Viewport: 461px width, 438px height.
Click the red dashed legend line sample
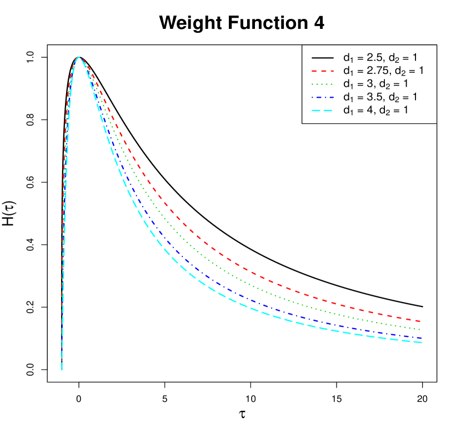(x=322, y=71)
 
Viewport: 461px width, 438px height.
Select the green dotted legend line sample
(x=322, y=84)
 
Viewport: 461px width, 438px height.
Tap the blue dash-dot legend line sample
(x=322, y=97)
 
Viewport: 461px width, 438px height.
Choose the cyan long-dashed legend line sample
(x=322, y=110)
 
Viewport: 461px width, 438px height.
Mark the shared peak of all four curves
(x=79, y=58)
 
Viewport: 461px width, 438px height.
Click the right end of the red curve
(x=420, y=321)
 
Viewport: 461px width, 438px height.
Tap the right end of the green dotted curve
(x=420, y=330)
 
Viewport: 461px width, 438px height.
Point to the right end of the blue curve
(x=421, y=338)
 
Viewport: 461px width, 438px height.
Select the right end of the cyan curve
(x=421, y=343)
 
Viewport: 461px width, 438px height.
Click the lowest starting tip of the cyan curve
(x=62, y=367)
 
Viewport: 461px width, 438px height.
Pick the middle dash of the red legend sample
(x=322, y=71)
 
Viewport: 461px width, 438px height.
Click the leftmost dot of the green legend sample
(x=313, y=84)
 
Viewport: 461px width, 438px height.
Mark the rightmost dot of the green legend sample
(x=332, y=84)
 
